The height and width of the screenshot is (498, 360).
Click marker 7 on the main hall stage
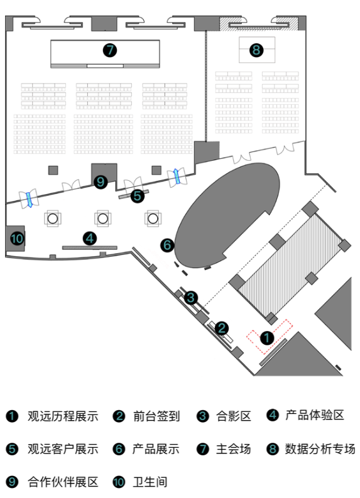point(110,50)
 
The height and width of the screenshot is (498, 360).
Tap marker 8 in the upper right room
point(256,50)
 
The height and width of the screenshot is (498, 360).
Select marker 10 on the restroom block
point(17,238)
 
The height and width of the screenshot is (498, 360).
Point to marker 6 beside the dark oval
point(168,245)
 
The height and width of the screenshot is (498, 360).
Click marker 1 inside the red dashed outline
point(267,338)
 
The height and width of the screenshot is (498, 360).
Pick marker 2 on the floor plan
point(221,328)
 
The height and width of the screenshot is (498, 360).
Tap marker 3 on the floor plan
point(190,298)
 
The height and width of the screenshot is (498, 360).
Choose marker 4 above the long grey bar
point(90,239)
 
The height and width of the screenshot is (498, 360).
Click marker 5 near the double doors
point(137,196)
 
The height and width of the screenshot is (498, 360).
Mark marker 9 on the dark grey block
point(101,182)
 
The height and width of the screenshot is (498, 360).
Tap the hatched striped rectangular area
point(290,265)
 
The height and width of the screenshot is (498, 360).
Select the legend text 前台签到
point(156,416)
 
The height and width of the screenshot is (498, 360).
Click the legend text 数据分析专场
point(320,449)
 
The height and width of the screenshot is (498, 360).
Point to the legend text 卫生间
point(150,482)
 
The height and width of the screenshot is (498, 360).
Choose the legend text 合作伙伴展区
point(63,482)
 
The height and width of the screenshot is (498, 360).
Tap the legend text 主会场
point(234,449)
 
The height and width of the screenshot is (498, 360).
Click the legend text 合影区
point(234,416)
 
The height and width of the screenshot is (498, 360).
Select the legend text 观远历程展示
point(63,416)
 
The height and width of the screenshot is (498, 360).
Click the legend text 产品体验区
point(315,415)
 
